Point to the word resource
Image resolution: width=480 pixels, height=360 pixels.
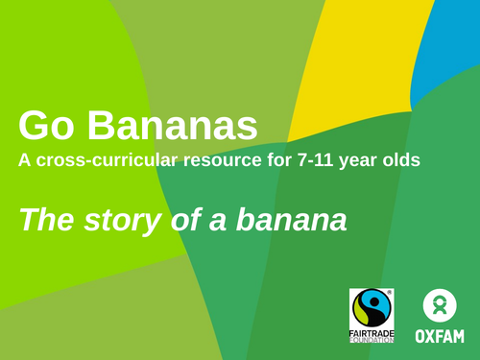[217, 160]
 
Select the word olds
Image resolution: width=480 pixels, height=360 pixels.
[399, 160]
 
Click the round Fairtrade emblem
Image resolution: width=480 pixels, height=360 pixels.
[372, 307]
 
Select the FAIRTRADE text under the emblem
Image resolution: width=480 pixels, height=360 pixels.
[372, 331]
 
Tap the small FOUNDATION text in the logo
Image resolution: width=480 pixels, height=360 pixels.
[372, 339]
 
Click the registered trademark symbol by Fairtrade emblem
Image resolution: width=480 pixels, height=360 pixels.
[390, 291]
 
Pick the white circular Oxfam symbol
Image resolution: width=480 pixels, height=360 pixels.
[440, 306]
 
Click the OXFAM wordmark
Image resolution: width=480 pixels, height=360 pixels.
[440, 336]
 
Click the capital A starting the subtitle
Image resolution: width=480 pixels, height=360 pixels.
[24, 160]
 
